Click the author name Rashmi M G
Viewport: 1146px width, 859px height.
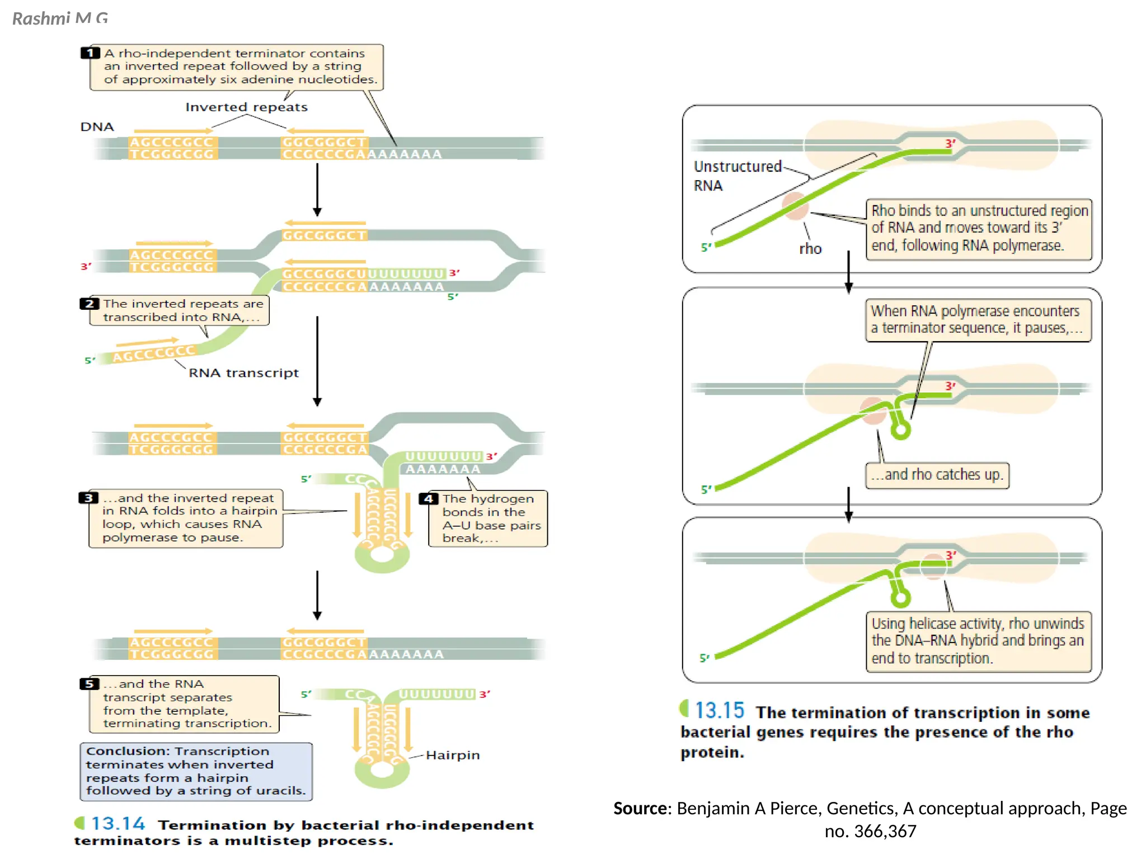[x=60, y=18]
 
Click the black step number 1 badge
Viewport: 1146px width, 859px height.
[x=90, y=53]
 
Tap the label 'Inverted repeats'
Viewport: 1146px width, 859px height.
[x=246, y=107]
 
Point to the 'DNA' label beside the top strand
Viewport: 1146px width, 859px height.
[x=97, y=127]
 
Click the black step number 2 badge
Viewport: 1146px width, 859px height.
[x=90, y=304]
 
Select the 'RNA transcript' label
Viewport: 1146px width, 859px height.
[x=243, y=372]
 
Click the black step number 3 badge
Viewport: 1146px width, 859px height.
[x=88, y=498]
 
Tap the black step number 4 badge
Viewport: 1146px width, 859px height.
[x=429, y=498]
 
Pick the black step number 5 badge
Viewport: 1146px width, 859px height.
[x=90, y=684]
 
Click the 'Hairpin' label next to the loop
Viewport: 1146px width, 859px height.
[x=453, y=755]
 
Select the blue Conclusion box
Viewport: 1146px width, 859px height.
[x=196, y=771]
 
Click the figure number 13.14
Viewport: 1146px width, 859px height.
[x=118, y=823]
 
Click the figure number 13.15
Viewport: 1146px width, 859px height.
[x=719, y=711]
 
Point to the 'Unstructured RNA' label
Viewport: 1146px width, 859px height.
[x=737, y=176]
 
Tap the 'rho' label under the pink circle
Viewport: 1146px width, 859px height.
[x=810, y=249]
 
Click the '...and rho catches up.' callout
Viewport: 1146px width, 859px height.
[x=937, y=475]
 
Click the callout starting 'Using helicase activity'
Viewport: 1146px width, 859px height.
[x=978, y=640]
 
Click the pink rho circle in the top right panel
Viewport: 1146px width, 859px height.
[x=795, y=206]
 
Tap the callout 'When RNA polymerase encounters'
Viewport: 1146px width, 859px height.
[x=977, y=319]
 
